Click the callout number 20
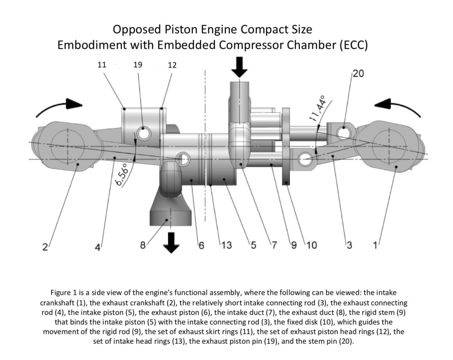(x=358, y=74)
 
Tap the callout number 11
(x=101, y=65)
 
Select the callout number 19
(x=138, y=65)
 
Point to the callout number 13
(x=226, y=245)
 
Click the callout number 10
(x=312, y=245)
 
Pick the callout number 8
(x=143, y=245)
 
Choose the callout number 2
(x=45, y=247)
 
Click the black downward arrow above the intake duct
(x=240, y=67)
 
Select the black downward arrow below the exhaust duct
(x=171, y=243)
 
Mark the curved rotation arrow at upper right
(x=398, y=108)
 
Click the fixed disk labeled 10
(x=286, y=147)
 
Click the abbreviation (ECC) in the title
(x=353, y=45)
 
